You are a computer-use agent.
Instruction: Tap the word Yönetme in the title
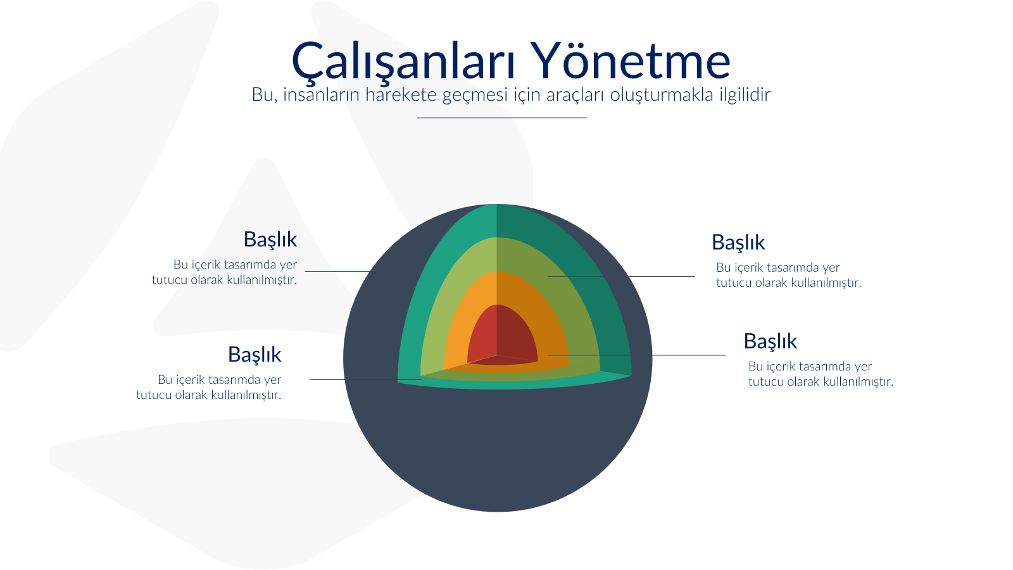[631, 60]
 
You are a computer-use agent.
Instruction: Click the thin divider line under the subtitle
[502, 118]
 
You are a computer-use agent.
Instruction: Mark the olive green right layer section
[574, 308]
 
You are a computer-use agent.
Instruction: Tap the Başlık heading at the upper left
[270, 239]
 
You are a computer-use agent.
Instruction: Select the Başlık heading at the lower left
[255, 354]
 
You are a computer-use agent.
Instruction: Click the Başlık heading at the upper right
[738, 242]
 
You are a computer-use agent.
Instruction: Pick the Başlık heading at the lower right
[771, 341]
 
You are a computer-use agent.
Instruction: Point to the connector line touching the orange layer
[637, 355]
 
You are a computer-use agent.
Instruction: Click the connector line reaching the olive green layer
[621, 276]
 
